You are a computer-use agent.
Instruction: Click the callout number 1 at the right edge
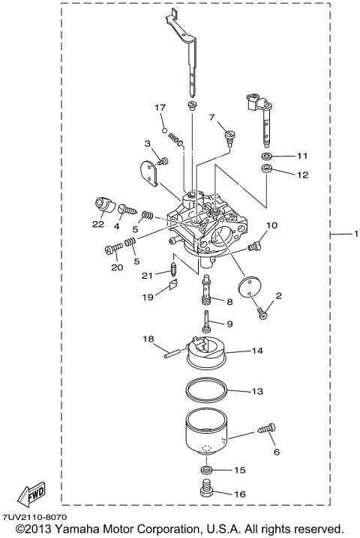point(355,235)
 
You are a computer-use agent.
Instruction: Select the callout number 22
point(97,223)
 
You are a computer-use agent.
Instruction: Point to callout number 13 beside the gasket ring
point(257,391)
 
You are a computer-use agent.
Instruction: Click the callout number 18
point(149,339)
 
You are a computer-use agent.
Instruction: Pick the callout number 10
point(271,224)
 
